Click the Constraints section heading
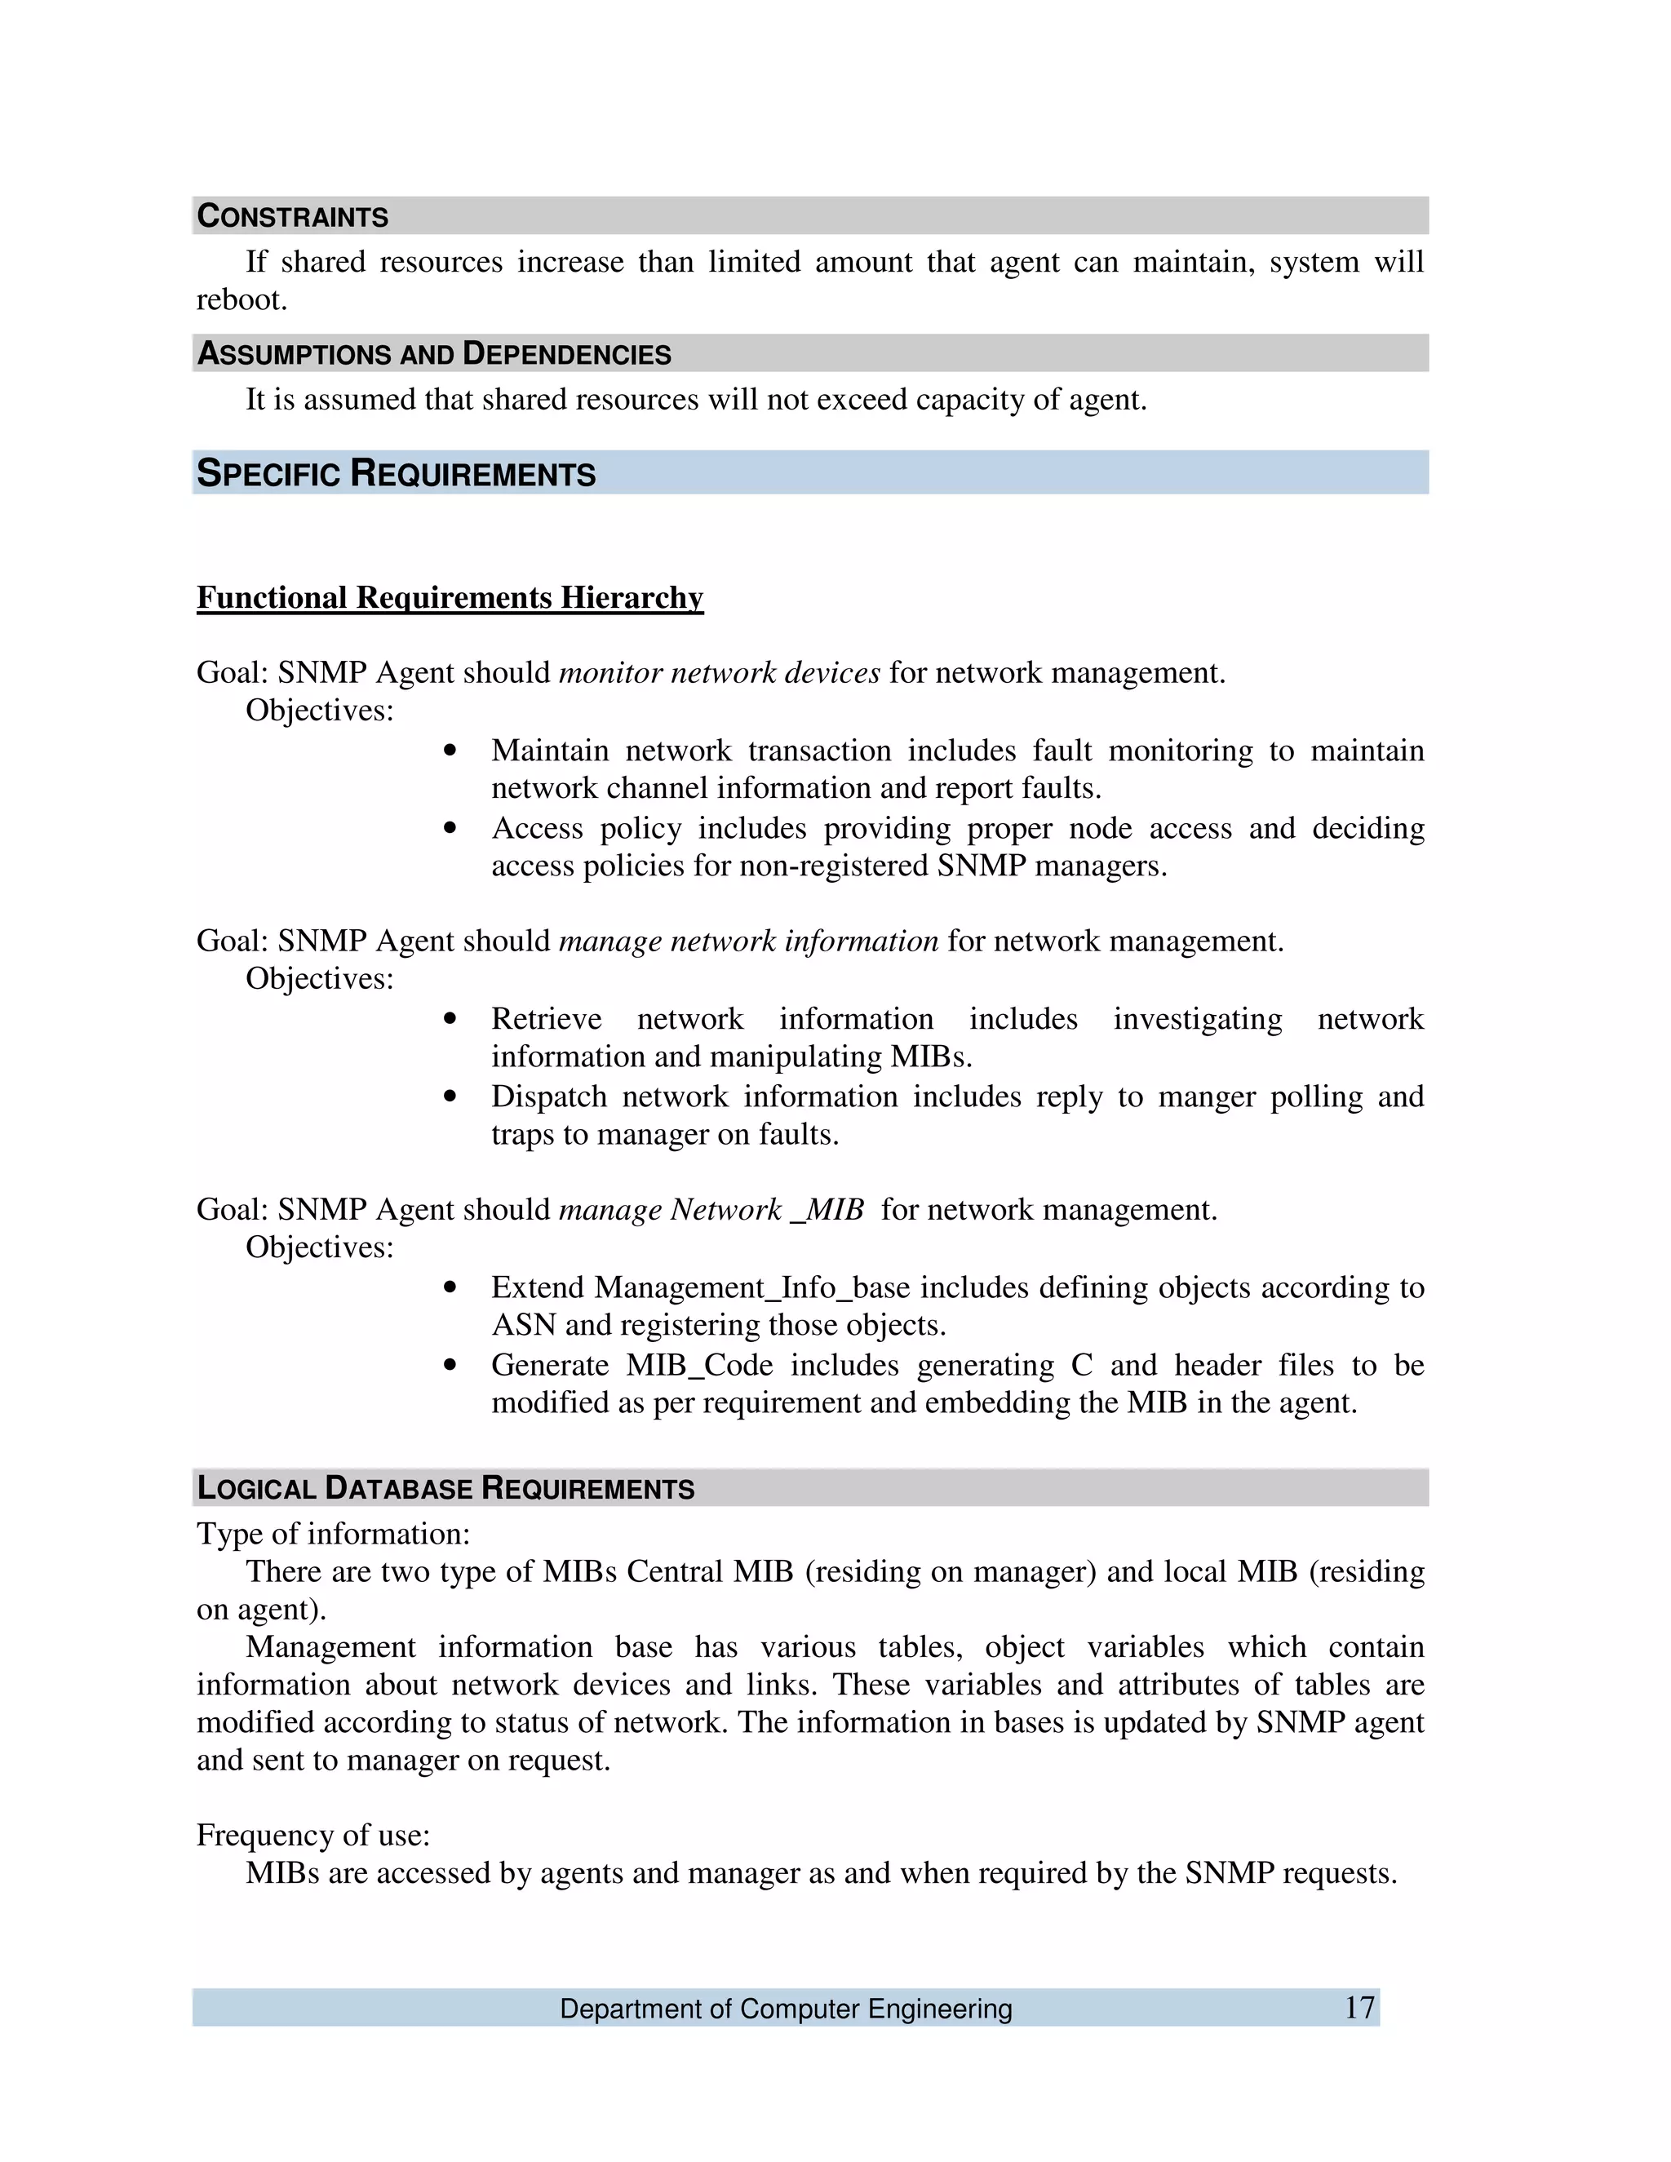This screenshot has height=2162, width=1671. click(292, 216)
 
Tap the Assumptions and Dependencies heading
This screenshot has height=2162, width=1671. click(433, 353)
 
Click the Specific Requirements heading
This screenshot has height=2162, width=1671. click(396, 473)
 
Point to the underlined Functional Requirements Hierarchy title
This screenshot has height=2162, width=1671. click(450, 598)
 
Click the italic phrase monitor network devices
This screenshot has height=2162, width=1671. click(719, 673)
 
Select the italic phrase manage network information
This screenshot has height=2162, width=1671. click(748, 941)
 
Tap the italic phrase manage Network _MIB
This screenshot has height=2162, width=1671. click(711, 1210)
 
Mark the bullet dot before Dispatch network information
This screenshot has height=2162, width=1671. click(450, 1097)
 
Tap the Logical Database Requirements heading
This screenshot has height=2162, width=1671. click(445, 1488)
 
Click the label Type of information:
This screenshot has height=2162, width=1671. click(333, 1535)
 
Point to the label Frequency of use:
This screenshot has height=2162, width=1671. click(312, 1836)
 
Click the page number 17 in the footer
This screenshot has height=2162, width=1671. click(1359, 2008)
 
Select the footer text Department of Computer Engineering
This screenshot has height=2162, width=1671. click(786, 2009)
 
